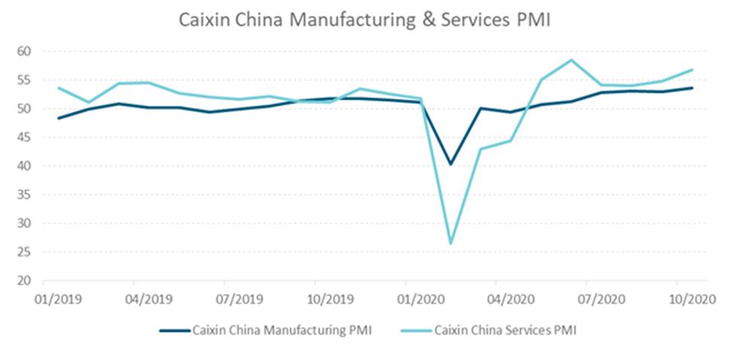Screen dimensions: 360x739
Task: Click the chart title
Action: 365,20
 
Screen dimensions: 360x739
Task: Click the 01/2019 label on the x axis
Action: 56,298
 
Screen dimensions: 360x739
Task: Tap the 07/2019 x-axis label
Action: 238,298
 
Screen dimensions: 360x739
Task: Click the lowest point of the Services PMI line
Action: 450,243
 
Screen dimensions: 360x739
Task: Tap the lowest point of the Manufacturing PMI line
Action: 450,163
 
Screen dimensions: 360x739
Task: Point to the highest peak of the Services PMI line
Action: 571,60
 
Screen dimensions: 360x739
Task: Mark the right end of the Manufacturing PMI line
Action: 692,87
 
